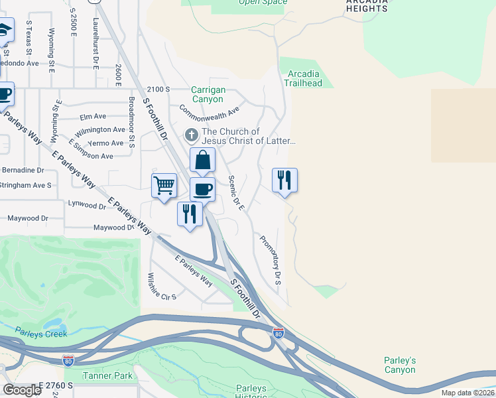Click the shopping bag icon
(x=202, y=161)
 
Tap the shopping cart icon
(x=164, y=186)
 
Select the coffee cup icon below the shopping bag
(x=202, y=189)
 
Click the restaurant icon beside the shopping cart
(x=190, y=214)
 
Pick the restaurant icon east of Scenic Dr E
(x=284, y=180)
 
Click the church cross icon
(x=191, y=136)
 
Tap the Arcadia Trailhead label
(x=303, y=78)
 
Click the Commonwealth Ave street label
(x=209, y=111)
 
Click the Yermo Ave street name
(x=109, y=143)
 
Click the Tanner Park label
(x=107, y=376)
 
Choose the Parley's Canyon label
(x=400, y=365)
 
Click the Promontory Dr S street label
(x=271, y=261)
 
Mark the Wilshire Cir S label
(x=162, y=287)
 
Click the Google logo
(x=22, y=390)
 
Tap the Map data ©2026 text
(x=467, y=393)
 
